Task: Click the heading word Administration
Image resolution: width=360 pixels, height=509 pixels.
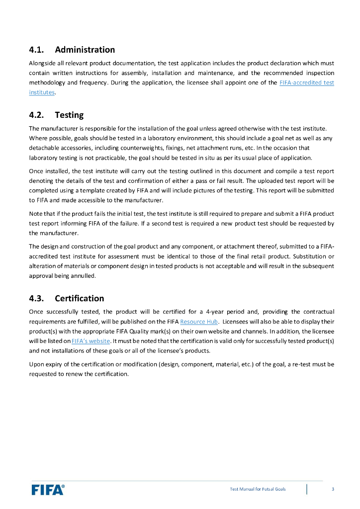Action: coord(85,50)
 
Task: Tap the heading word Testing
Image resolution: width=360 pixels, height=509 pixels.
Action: coord(69,115)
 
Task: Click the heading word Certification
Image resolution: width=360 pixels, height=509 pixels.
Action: coord(79,298)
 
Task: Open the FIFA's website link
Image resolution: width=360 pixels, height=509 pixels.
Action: coord(90,340)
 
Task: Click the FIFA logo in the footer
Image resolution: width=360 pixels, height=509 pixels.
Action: coord(48,490)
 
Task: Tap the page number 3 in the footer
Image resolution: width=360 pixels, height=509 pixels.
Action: coord(333,490)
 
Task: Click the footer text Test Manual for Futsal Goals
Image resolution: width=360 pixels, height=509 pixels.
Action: coord(258,490)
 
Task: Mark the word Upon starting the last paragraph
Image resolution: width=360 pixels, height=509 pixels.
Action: coord(37,364)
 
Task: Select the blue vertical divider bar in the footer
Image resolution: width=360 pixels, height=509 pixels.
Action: coord(307,489)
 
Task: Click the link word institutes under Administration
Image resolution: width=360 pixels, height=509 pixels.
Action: coord(41,92)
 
